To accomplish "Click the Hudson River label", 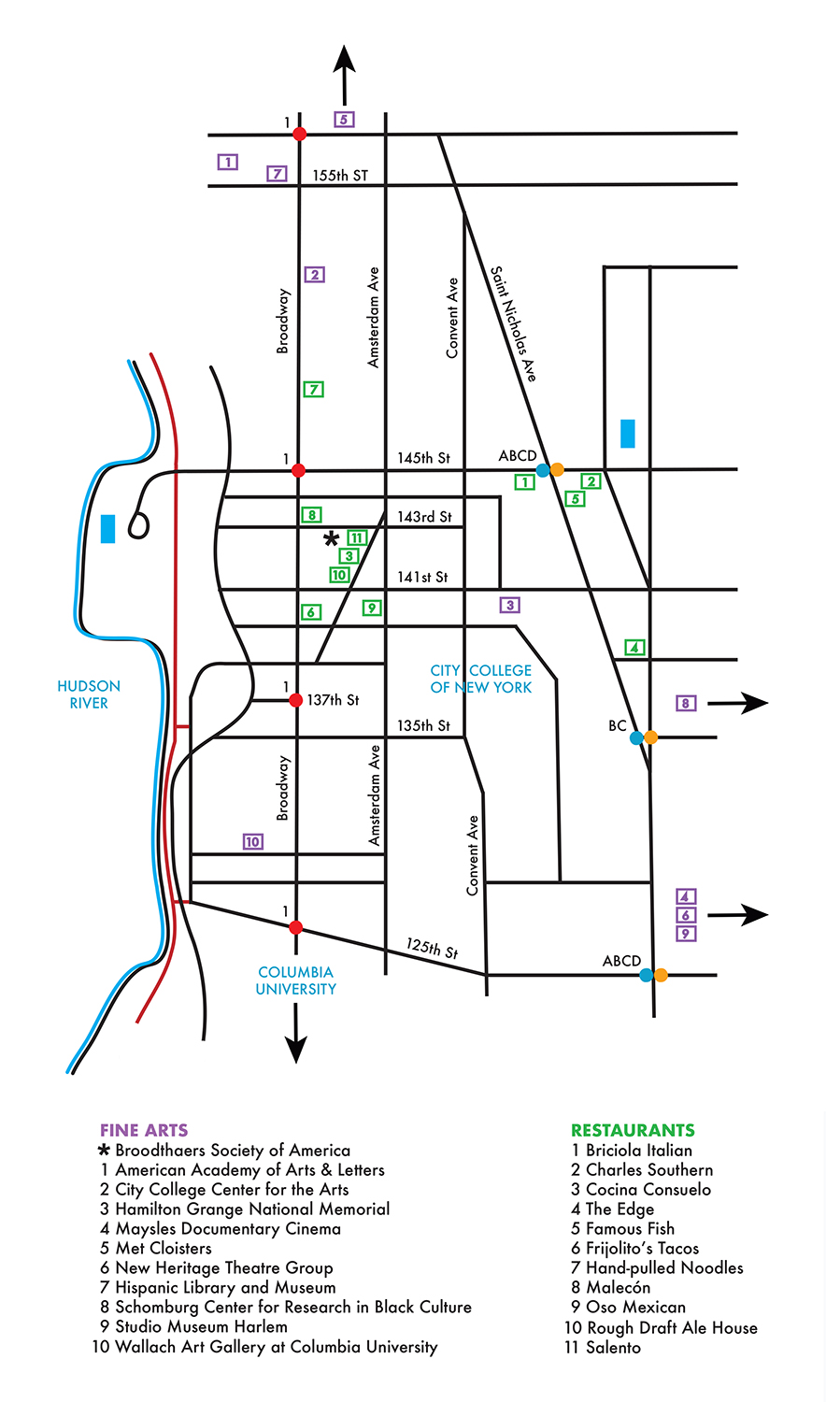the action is pyautogui.click(x=89, y=694).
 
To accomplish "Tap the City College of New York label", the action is pyautogui.click(x=480, y=679).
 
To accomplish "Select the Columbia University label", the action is pyautogui.click(x=295, y=980).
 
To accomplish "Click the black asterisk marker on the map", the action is pyautogui.click(x=331, y=538).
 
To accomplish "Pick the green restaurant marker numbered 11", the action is pyautogui.click(x=357, y=537).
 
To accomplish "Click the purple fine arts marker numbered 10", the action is pyautogui.click(x=253, y=842).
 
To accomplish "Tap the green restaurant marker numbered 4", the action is pyautogui.click(x=634, y=647).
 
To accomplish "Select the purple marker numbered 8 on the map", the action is pyautogui.click(x=686, y=703).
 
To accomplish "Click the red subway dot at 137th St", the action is pyautogui.click(x=296, y=700).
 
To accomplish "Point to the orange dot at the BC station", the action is pyautogui.click(x=650, y=737).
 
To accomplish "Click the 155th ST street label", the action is pyautogui.click(x=340, y=176).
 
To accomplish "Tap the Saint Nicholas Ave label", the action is pyautogui.click(x=513, y=323).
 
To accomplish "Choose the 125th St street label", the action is pyautogui.click(x=433, y=949).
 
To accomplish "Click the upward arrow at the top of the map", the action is pyautogui.click(x=344, y=75).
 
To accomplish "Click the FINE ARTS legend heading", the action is pyautogui.click(x=144, y=1130).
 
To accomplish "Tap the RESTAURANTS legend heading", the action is pyautogui.click(x=633, y=1130).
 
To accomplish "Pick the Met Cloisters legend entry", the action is pyautogui.click(x=156, y=1248).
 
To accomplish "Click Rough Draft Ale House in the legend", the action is pyautogui.click(x=661, y=1327).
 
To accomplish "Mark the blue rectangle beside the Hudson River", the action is pyautogui.click(x=107, y=528).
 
